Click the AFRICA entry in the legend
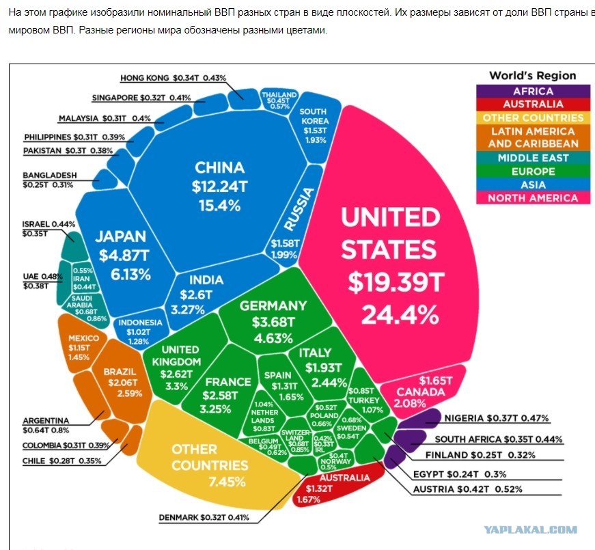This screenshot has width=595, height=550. click(x=533, y=91)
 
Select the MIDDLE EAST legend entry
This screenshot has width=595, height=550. click(x=533, y=158)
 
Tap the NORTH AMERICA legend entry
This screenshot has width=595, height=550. click(x=533, y=198)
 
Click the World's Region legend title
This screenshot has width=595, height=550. click(x=533, y=76)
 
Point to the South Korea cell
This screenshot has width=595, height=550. click(x=312, y=126)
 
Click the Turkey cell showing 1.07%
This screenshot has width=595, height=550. click(x=368, y=400)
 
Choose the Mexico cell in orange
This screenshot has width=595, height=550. click(x=83, y=348)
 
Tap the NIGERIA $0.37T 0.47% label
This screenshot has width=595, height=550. click(x=497, y=419)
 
